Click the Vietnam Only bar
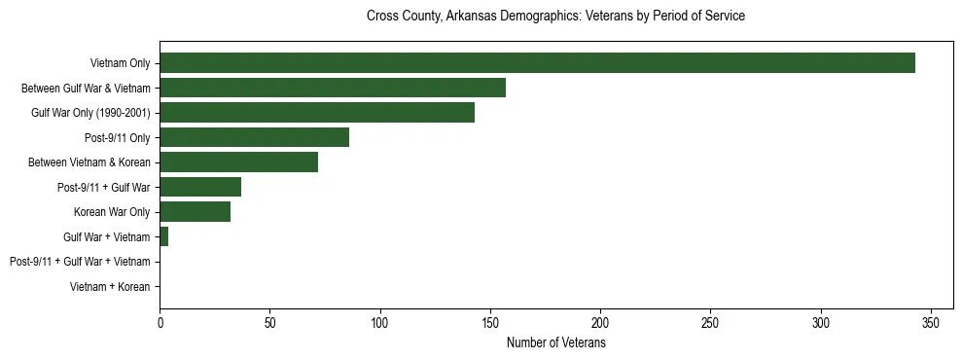point(537,63)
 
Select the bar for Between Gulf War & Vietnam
point(333,88)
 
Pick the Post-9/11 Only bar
point(254,137)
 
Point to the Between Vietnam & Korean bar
point(238,162)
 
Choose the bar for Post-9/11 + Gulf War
point(200,187)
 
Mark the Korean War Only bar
point(195,212)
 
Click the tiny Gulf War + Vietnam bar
point(164,236)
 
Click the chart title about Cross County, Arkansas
point(555,17)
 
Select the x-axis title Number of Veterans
point(555,343)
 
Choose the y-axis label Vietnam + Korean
point(110,287)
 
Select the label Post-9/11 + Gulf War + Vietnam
point(80,262)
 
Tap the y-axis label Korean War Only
point(112,212)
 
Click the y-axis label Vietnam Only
point(120,63)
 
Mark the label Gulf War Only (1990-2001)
point(90,113)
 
